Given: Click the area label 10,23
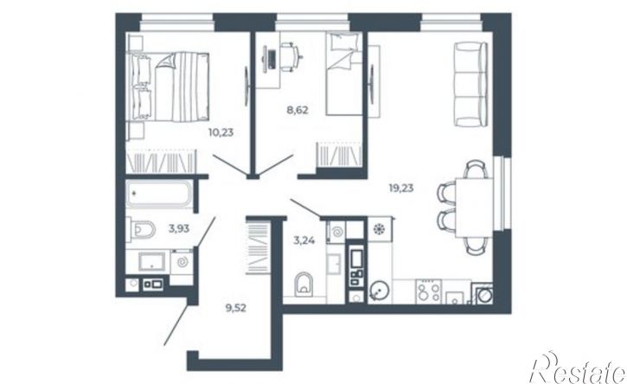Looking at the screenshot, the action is [221, 132].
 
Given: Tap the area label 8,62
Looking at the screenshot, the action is [298, 110].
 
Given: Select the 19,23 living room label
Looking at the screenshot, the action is [401, 188].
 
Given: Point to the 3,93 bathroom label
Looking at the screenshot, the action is [179, 229].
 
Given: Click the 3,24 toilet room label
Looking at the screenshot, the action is [304, 240].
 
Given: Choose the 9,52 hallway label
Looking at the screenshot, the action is [236, 308].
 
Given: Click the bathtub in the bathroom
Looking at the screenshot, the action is [159, 194].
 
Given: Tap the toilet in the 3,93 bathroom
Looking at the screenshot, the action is [141, 229].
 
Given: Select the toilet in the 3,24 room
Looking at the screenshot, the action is [304, 284].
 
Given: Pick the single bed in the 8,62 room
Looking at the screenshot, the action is [344, 74].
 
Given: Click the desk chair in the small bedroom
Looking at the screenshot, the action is [290, 57].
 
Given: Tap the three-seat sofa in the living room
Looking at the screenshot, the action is [470, 84].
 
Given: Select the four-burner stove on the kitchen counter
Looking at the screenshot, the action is [429, 291].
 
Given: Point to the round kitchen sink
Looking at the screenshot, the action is [378, 290].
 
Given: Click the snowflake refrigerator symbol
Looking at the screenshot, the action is [378, 229].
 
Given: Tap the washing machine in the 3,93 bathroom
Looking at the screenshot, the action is [182, 262].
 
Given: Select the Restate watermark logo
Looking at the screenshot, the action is [578, 368].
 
